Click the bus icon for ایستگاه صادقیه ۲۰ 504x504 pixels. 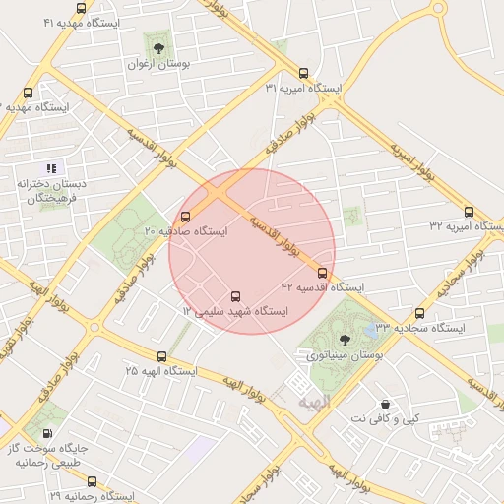point(186,217)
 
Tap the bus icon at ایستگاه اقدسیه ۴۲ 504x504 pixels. point(323,273)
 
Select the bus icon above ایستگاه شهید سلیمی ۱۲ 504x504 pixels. point(234,296)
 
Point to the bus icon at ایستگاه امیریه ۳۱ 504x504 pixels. point(302,73)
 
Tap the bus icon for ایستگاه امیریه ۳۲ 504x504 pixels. point(468,212)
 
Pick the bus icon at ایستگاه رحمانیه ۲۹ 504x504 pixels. point(92,481)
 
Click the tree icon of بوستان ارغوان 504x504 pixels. point(158,46)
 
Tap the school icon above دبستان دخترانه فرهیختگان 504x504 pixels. point(51,168)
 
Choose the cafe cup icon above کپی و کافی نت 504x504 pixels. point(385,404)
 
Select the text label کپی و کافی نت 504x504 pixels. point(385,419)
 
